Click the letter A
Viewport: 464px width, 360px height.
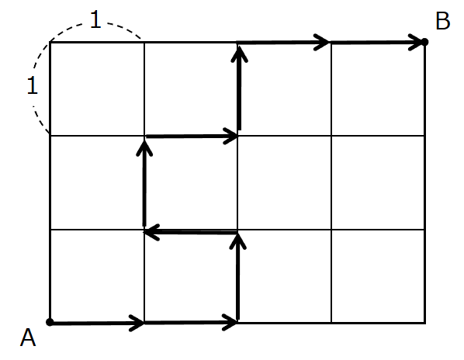[x=28, y=337]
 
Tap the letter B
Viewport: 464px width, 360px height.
[x=443, y=21]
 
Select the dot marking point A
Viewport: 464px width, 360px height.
[x=50, y=322]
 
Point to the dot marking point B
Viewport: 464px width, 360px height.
[x=424, y=42]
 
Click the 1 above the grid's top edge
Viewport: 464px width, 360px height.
[x=95, y=19]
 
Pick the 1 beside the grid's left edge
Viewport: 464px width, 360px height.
[x=33, y=85]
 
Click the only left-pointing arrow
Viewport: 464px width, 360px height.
[x=191, y=232]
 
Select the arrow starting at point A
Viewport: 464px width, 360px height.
[x=97, y=323]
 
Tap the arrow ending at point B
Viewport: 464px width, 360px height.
[x=377, y=43]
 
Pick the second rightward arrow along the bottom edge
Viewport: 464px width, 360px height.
[x=191, y=322]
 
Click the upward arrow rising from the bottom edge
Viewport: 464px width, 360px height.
[x=238, y=276]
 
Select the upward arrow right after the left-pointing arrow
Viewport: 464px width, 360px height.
[x=144, y=183]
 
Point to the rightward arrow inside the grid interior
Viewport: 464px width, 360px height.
[x=192, y=136]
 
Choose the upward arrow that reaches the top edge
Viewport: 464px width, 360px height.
[x=239, y=87]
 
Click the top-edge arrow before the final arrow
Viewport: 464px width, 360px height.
[x=283, y=43]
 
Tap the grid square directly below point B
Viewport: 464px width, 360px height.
[x=378, y=88]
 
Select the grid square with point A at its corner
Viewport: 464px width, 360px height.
[x=97, y=276]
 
